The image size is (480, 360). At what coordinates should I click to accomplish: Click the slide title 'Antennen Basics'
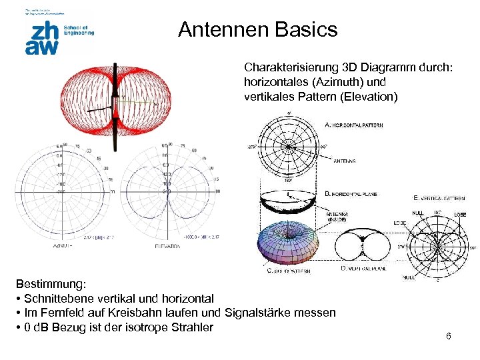[x=257, y=30]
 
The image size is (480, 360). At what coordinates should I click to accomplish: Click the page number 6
[x=449, y=336]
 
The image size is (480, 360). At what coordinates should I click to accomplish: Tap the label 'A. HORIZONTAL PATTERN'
[x=353, y=125]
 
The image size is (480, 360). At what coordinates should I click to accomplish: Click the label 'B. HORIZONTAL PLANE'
[x=351, y=193]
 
